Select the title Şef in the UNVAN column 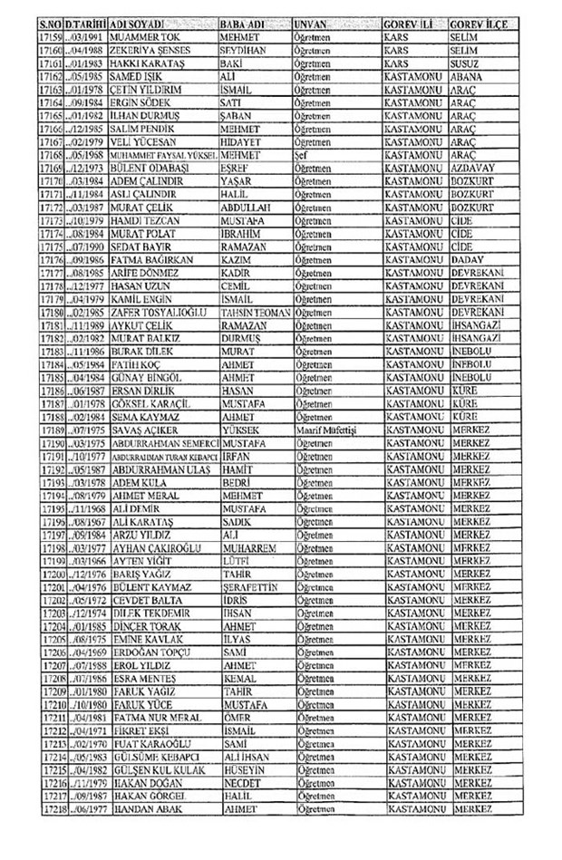click(302, 156)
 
